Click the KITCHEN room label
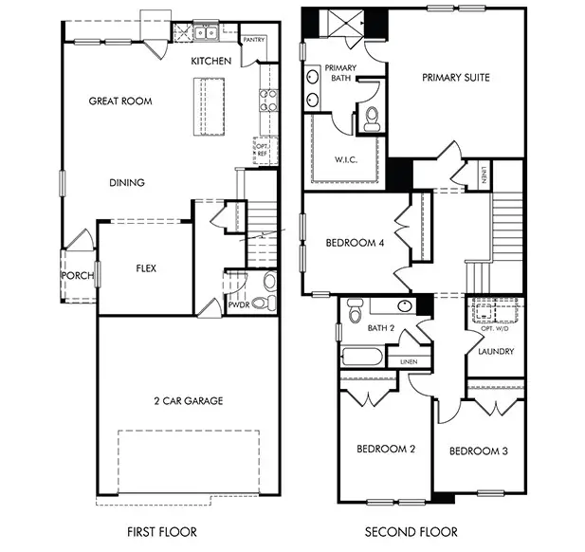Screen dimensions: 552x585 210,61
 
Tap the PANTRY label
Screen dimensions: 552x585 253,41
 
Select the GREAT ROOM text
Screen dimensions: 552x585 120,101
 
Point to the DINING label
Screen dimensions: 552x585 126,183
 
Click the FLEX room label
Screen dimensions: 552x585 146,268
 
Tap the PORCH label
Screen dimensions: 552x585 77,276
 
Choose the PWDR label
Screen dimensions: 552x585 237,305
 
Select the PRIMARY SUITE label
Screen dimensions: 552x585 456,78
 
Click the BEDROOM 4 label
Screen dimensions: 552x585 355,243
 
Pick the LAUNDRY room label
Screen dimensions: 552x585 496,352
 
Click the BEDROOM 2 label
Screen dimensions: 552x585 385,450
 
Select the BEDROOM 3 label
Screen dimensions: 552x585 478,451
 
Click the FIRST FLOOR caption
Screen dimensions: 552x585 161,533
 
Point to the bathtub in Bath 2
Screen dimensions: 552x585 361,359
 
